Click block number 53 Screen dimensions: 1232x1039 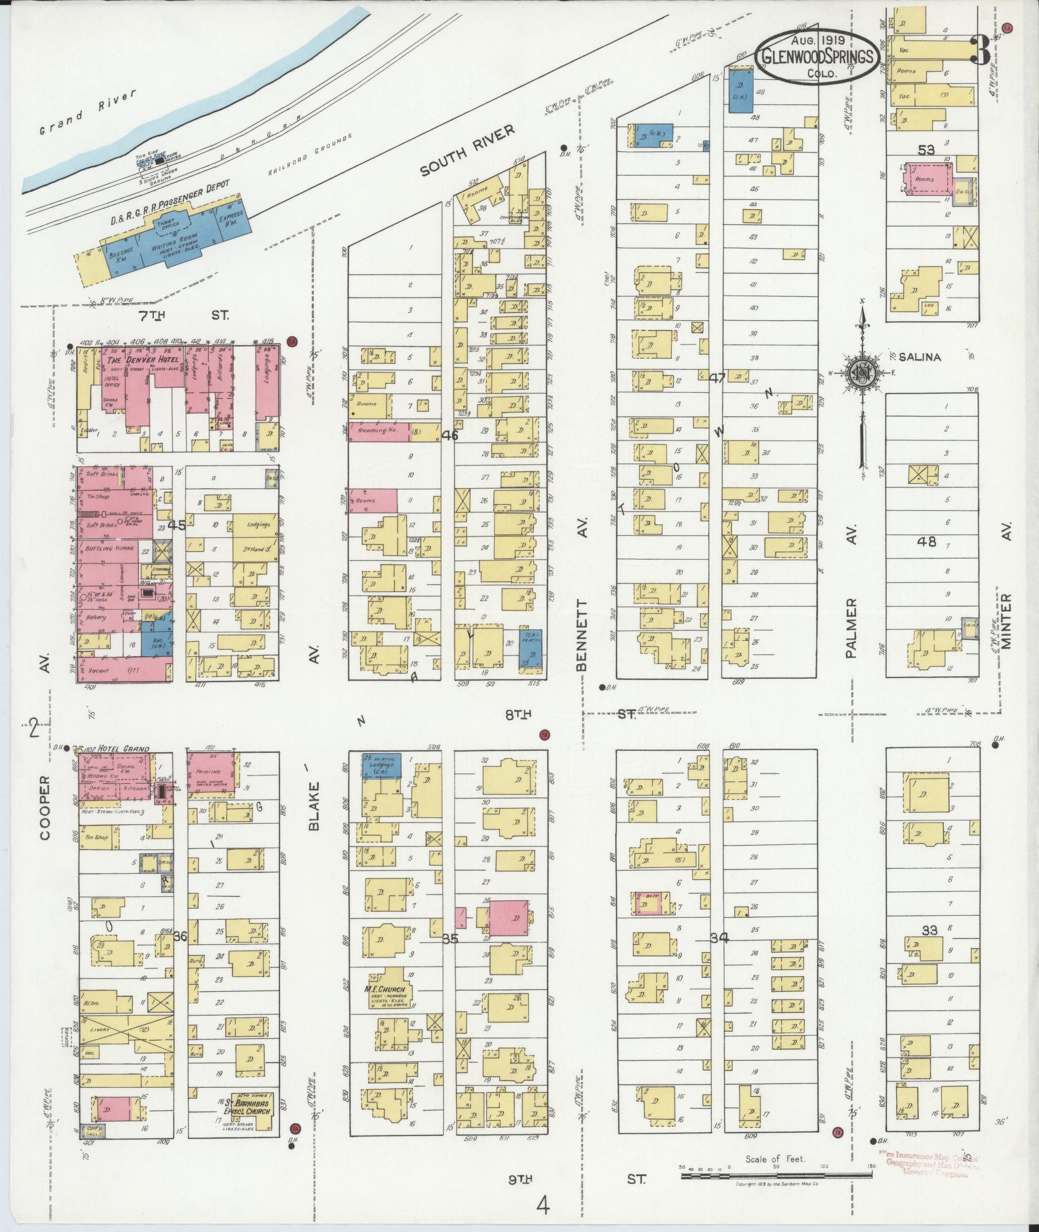point(926,150)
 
